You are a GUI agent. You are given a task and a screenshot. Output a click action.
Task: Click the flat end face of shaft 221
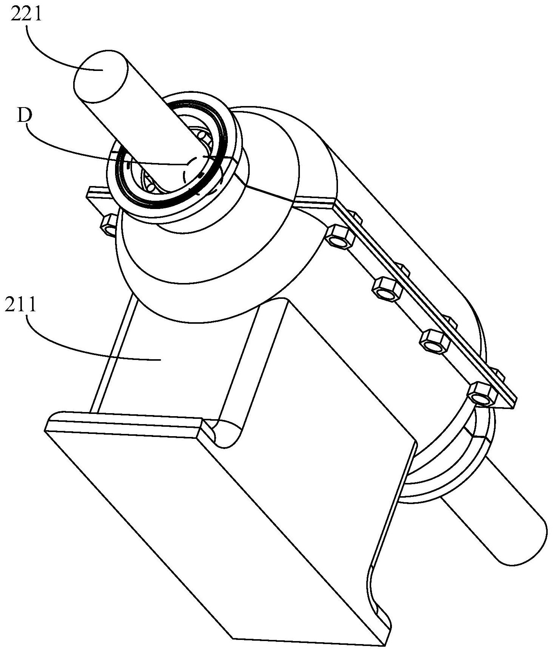(100, 75)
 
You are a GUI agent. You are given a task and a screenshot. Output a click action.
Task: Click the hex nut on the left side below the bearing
(108, 225)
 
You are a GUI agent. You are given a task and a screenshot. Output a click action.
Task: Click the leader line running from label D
(94, 151)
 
